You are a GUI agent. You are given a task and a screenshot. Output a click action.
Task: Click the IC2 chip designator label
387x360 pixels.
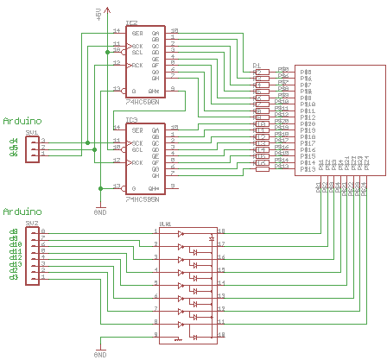click(132, 24)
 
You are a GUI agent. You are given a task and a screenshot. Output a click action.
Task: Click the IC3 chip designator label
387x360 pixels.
click(132, 120)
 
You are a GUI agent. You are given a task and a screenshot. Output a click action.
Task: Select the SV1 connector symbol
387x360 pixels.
click(33, 148)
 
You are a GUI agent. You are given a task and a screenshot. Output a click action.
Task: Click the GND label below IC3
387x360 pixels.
click(99, 211)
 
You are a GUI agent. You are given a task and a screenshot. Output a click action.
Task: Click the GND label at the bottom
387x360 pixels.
click(99, 354)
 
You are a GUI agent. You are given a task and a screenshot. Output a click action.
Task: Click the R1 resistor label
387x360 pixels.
click(257, 65)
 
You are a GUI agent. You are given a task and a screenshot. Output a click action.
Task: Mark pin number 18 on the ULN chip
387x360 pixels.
click(221, 231)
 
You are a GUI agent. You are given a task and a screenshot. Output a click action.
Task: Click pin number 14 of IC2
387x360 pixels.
click(117, 30)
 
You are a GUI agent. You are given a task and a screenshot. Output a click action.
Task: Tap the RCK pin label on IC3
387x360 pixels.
click(136, 162)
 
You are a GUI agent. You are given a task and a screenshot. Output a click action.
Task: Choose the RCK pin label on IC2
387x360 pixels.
click(136, 66)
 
